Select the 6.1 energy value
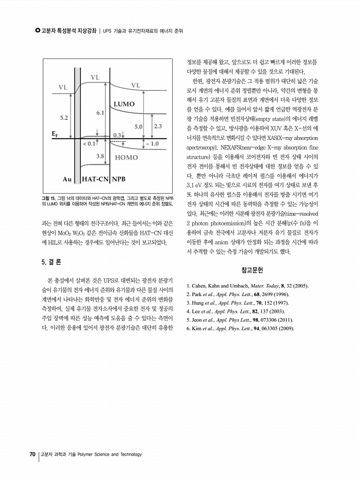pos(100,113)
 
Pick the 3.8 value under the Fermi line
pos(100,156)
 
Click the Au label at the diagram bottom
pos(67,178)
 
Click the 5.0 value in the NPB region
pos(139,125)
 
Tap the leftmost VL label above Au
pos(62,87)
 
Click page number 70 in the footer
pos(33,455)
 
